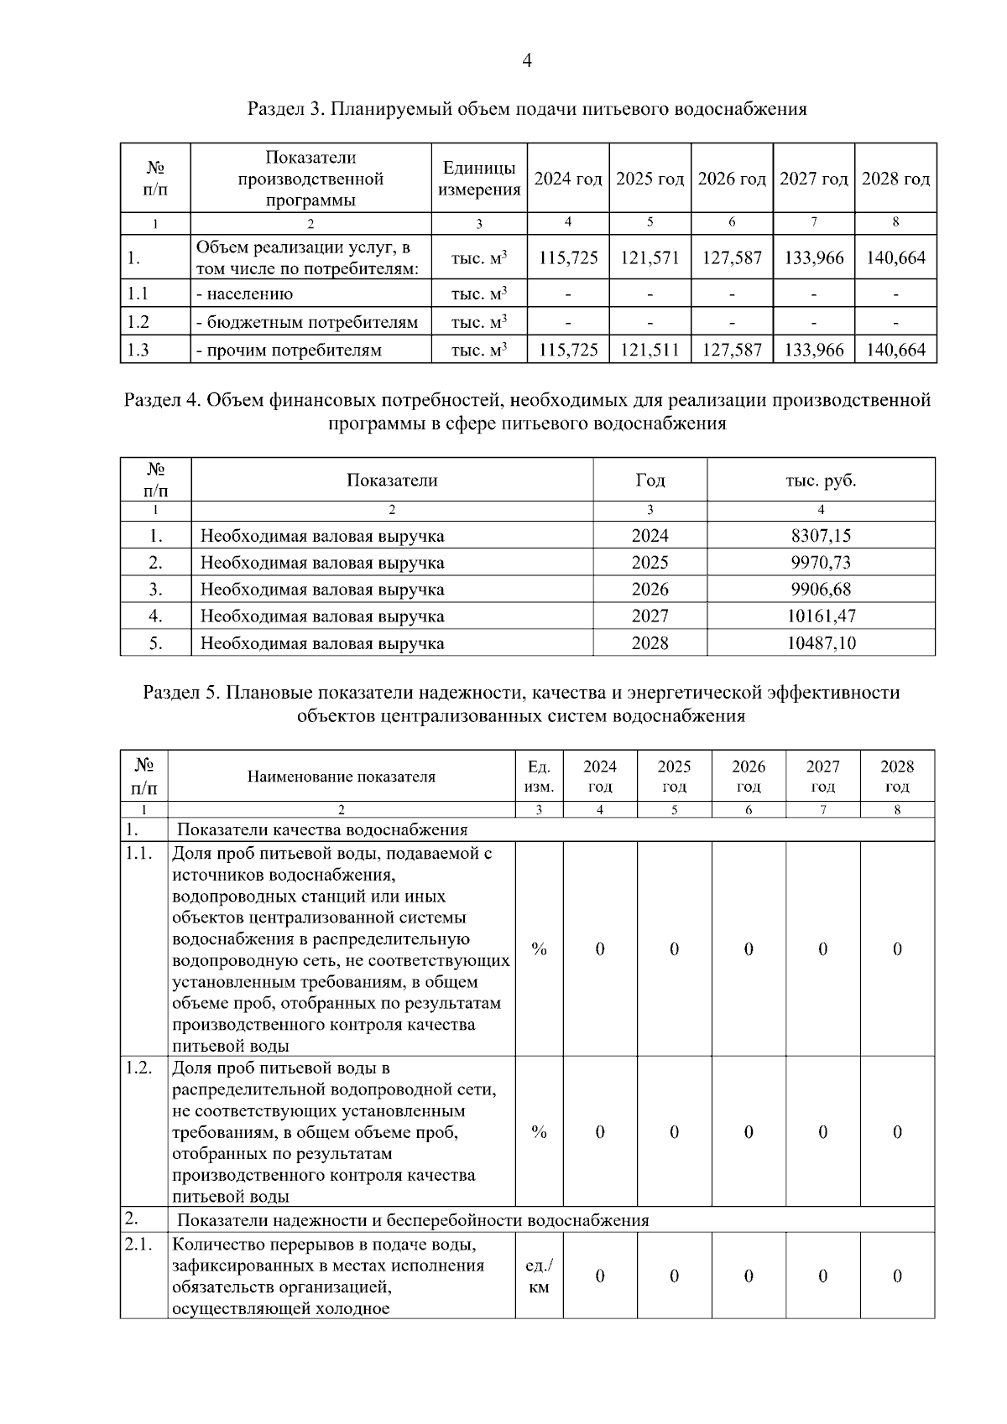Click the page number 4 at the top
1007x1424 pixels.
pyautogui.click(x=527, y=60)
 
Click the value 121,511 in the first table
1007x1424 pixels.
pyautogui.click(x=650, y=350)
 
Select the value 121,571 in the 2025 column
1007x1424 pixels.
pyautogui.click(x=650, y=258)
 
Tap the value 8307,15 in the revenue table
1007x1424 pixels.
pyautogui.click(x=820, y=535)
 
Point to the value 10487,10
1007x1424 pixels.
pyautogui.click(x=821, y=643)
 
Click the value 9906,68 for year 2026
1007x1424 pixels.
pyautogui.click(x=820, y=589)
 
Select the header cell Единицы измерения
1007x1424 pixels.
pyautogui.click(x=479, y=179)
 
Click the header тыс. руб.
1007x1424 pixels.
pyautogui.click(x=820, y=481)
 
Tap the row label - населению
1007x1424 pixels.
pyautogui.click(x=244, y=294)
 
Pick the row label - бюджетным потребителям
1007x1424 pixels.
pyautogui.click(x=306, y=322)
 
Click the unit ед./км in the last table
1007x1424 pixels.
pyautogui.click(x=539, y=1276)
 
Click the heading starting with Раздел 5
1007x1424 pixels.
pyautogui.click(x=521, y=704)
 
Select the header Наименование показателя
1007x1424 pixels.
pyautogui.click(x=341, y=777)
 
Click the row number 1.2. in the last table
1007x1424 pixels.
pyautogui.click(x=139, y=1068)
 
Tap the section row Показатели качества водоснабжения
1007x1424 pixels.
pyautogui.click(x=322, y=830)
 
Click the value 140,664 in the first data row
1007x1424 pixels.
pyautogui.click(x=895, y=258)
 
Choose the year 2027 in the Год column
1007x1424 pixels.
pyautogui.click(x=650, y=616)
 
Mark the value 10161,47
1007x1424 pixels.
pyautogui.click(x=821, y=616)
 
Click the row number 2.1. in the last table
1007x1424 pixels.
pyautogui.click(x=139, y=1245)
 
